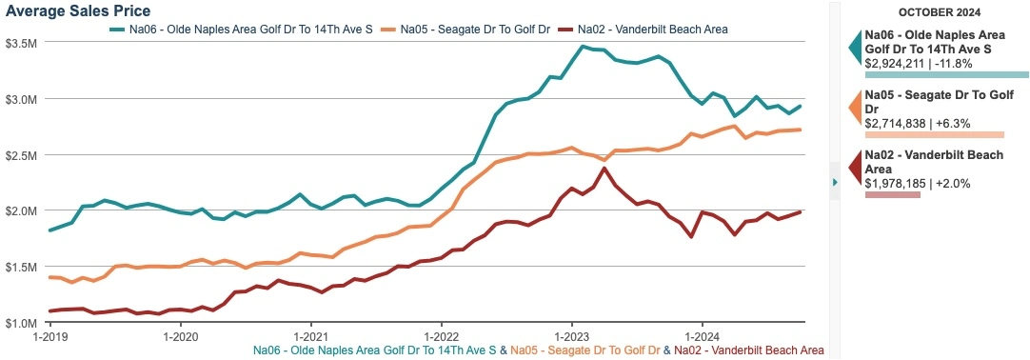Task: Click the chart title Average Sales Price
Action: [77, 10]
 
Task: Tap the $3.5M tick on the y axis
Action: [21, 43]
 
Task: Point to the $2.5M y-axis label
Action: [21, 155]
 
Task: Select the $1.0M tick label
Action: [21, 324]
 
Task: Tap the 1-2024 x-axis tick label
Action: [701, 336]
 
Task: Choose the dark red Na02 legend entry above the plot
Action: [657, 30]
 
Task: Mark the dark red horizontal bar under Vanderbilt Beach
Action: [893, 195]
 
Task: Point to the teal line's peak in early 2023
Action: [582, 46]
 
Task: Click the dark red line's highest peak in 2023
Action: [604, 169]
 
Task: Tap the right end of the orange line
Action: [801, 130]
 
